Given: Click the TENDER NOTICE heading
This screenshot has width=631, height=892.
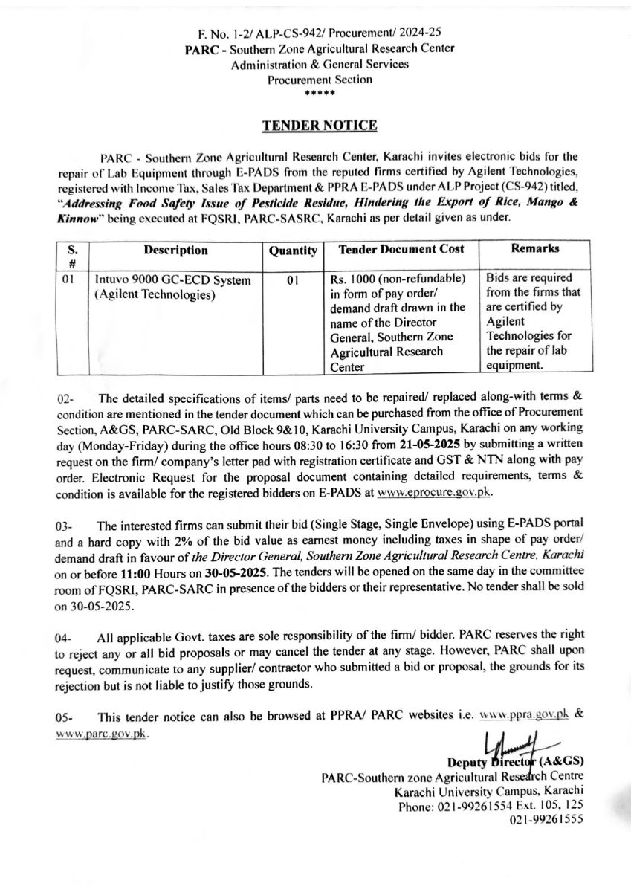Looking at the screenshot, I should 320,126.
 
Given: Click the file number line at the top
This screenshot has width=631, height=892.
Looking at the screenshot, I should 320,33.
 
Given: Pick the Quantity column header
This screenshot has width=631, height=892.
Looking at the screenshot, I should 293,252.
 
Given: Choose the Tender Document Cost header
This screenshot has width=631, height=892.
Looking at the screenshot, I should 401,250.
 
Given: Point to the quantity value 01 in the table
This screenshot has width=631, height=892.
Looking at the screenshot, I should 292,281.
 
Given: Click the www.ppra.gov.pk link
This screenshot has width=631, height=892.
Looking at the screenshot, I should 525,713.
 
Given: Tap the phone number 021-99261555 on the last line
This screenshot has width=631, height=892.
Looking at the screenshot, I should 546,819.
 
